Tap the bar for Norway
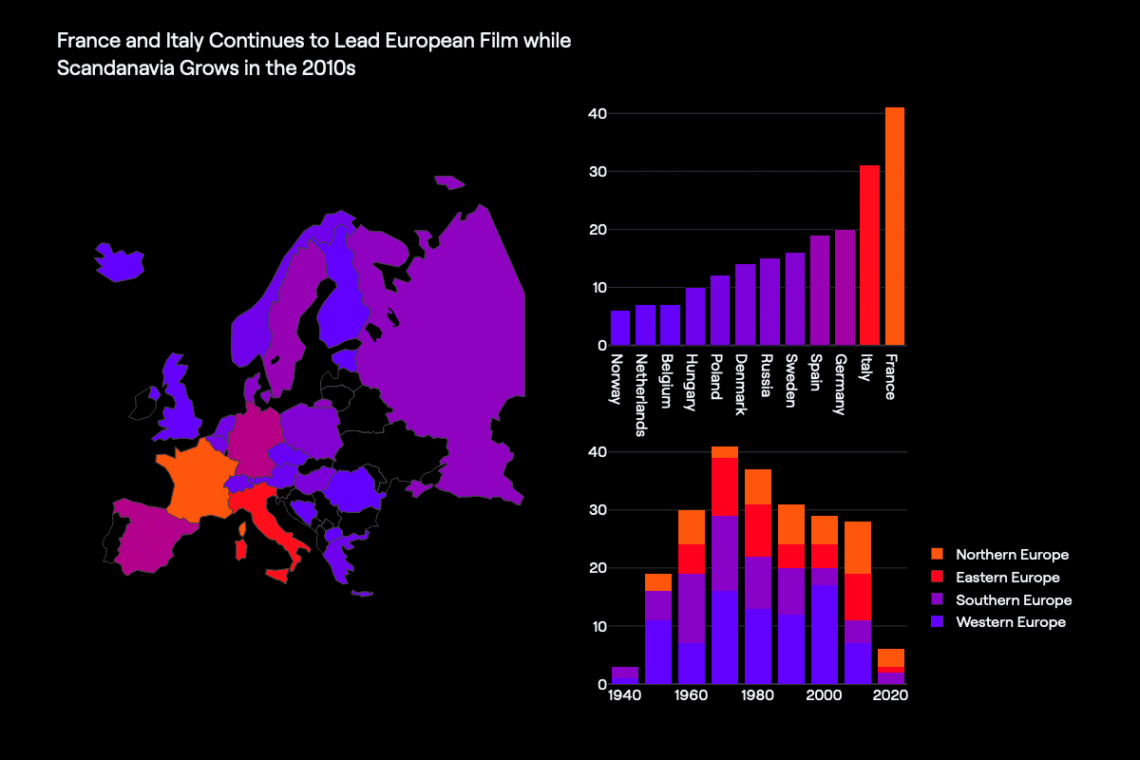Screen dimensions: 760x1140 tap(620, 328)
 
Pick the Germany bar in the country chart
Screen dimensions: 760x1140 tap(845, 287)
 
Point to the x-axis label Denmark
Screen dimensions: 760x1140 tap(741, 385)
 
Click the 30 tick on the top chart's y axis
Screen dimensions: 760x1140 tap(594, 172)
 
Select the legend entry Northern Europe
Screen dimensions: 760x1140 tap(1012, 554)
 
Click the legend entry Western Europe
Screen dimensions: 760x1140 tap(1011, 622)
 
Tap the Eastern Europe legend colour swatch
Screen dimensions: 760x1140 tap(938, 577)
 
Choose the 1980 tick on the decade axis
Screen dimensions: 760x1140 tap(757, 695)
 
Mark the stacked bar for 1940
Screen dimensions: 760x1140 tap(625, 675)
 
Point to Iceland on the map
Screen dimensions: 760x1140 tap(119, 262)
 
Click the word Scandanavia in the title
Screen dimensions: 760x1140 tap(112, 68)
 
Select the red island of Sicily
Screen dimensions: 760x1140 tap(278, 575)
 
